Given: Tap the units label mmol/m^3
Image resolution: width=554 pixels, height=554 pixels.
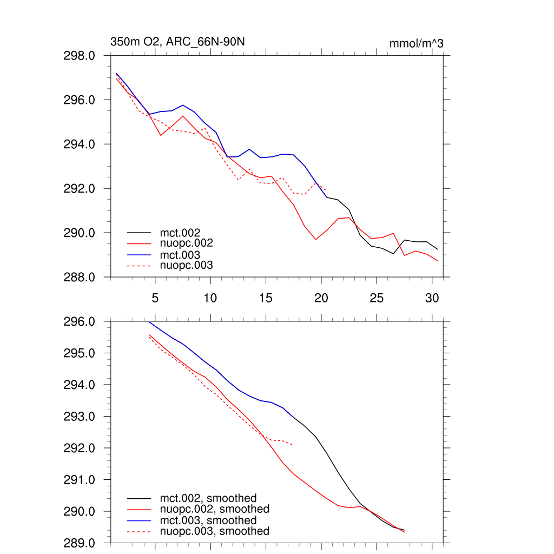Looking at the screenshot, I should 416,43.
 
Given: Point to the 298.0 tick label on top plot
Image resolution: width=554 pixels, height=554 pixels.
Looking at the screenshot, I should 80,56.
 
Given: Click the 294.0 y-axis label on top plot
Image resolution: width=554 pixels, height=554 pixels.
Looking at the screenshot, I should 80,144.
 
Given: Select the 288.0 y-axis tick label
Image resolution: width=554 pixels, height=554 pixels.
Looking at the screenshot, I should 80,278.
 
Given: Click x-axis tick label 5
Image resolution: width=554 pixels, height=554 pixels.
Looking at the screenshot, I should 155,298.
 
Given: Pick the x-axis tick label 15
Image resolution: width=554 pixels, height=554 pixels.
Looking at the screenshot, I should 265,298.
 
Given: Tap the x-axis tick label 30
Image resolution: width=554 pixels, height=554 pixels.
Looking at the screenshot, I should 431,298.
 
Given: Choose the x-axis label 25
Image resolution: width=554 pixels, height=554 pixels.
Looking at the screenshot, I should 376,298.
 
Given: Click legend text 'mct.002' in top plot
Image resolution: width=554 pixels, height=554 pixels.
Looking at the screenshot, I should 176,233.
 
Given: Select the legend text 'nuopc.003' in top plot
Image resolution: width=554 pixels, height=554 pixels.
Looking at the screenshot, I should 186,266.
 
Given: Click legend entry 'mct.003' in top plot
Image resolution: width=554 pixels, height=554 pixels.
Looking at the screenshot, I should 176,255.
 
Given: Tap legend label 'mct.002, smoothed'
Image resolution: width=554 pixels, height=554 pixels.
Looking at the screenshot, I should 208,498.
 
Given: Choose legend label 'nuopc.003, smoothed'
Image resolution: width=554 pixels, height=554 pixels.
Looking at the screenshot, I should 214,531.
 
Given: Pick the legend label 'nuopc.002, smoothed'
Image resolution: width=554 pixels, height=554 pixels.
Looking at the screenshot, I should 214,509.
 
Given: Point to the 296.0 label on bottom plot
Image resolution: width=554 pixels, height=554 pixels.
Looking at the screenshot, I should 80,322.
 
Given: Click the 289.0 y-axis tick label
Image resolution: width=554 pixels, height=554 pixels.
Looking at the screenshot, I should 80,543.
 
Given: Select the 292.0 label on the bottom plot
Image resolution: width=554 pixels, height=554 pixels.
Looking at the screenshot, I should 80,449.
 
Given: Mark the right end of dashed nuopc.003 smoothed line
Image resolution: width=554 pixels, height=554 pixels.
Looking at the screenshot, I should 293,445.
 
